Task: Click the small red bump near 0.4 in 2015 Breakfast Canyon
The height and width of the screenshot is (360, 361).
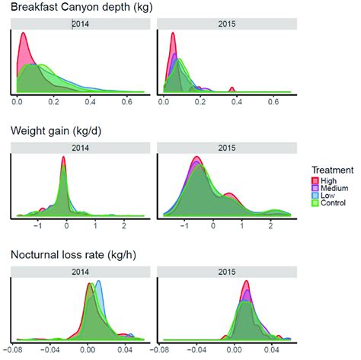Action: click(x=231, y=89)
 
